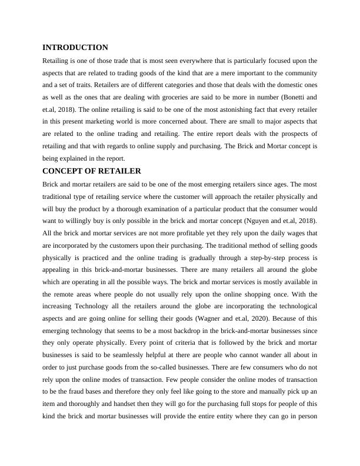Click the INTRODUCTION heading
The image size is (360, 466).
tap(75, 47)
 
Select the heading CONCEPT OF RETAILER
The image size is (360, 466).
tap(92, 171)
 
